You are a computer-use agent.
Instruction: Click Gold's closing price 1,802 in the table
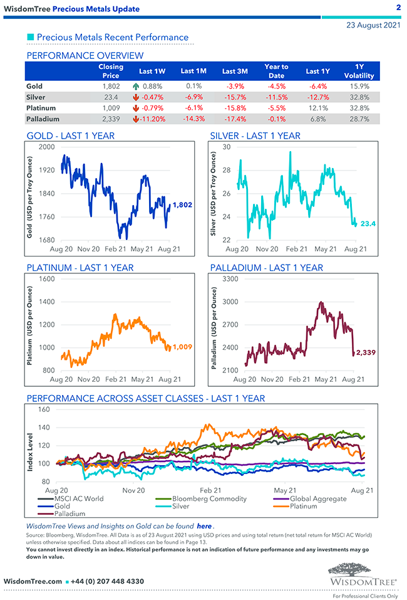tap(111, 86)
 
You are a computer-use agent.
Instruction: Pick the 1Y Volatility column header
tap(359, 71)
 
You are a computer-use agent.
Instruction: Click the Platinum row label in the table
tap(42, 108)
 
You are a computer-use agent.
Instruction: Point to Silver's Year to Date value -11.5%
tap(276, 97)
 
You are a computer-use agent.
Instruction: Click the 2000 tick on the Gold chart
tap(46, 147)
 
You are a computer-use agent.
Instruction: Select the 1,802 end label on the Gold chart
tap(182, 204)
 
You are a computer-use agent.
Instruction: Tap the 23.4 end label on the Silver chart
tap(368, 223)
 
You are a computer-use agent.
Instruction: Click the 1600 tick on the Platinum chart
tap(46, 278)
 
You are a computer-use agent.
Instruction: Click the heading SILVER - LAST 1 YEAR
tap(255, 135)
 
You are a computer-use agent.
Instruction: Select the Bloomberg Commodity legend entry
tap(209, 498)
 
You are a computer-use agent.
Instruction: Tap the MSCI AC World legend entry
tap(78, 498)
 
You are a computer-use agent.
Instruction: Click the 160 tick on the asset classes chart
tap(44, 409)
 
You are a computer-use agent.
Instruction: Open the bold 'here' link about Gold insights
tap(204, 525)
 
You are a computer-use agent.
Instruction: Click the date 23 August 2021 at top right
tap(373, 25)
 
